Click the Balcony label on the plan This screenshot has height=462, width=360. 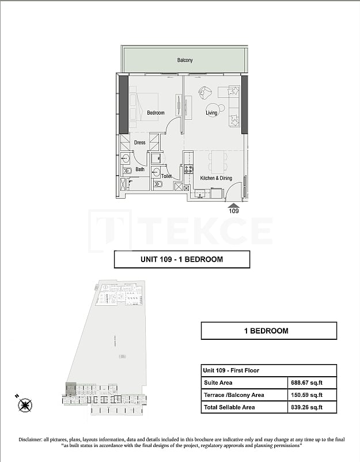[185, 60]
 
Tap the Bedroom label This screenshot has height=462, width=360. [156, 113]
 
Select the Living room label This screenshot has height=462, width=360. [211, 113]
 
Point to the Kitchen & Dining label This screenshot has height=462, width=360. [216, 179]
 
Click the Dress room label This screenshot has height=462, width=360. [140, 142]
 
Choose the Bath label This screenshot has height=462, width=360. [140, 169]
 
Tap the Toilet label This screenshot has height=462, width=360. [166, 176]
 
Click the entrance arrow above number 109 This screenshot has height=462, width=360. [233, 204]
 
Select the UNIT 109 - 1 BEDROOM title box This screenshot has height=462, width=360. [182, 259]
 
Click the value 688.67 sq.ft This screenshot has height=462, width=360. [305, 382]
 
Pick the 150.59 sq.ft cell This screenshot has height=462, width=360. [305, 395]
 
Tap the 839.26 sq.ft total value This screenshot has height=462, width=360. [305, 407]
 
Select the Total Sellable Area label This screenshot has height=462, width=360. [229, 407]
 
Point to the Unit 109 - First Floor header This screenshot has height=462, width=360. [233, 370]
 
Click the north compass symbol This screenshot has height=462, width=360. [25, 405]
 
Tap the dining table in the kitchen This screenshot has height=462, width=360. [218, 161]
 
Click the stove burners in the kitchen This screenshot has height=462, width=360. [188, 169]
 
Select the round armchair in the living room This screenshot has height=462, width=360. [206, 93]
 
